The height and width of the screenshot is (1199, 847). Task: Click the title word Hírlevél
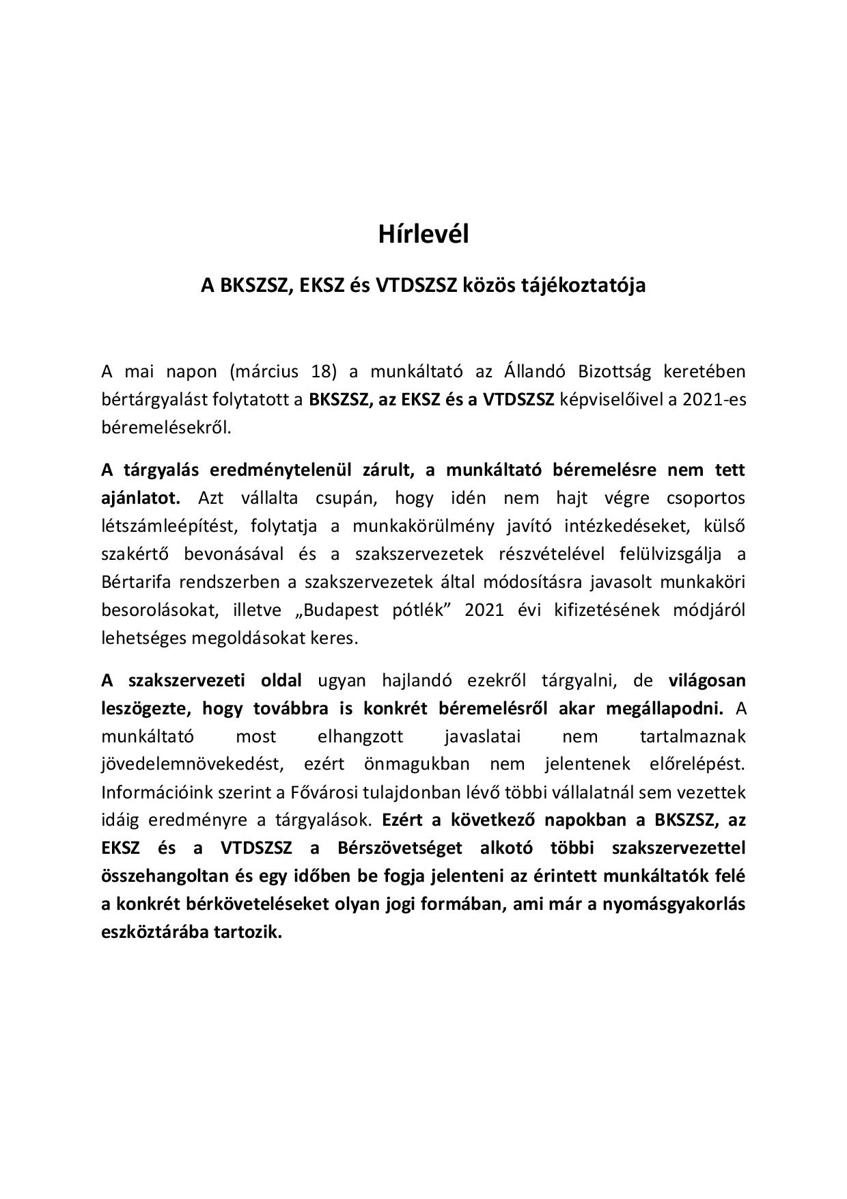pyautogui.click(x=423, y=234)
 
